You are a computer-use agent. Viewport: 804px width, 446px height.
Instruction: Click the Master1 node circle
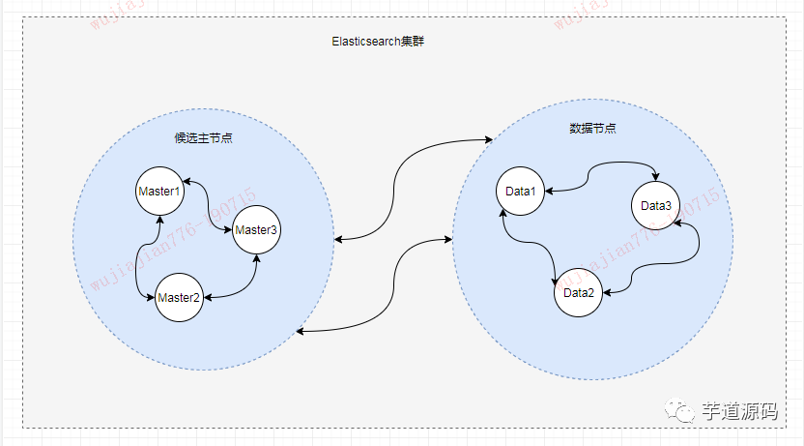coord(159,192)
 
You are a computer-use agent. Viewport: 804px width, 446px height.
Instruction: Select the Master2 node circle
coord(179,297)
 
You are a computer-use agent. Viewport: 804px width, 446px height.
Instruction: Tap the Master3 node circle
coord(257,229)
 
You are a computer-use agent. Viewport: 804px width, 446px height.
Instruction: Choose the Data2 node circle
coord(579,292)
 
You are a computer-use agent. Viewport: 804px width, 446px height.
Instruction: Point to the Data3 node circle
coord(656,205)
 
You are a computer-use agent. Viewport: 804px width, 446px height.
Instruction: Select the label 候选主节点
coord(203,138)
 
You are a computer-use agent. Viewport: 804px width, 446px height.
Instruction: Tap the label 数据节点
coord(593,128)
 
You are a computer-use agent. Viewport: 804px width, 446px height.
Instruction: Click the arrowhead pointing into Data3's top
coord(657,177)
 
